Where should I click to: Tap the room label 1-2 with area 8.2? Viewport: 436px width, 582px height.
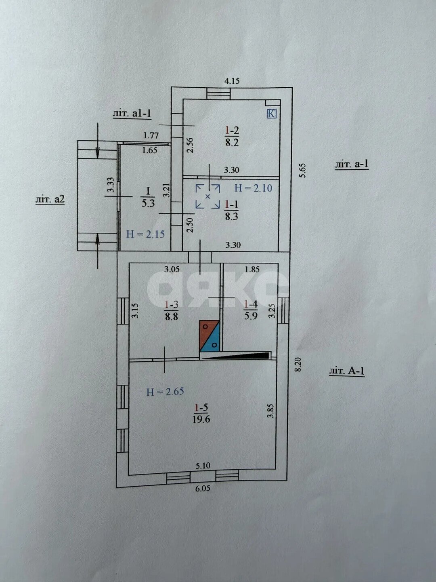[232, 136]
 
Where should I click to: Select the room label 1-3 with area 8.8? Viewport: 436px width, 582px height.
[171, 310]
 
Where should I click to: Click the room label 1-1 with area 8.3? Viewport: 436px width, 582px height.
[232, 210]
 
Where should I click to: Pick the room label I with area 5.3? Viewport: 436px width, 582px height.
[148, 197]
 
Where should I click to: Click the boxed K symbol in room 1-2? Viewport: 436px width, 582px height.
[272, 114]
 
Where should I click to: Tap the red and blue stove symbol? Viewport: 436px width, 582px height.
[210, 336]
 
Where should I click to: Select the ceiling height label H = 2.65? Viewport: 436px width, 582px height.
[165, 391]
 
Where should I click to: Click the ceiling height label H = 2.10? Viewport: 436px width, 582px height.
[254, 188]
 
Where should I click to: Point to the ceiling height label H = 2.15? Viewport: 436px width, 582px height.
[145, 234]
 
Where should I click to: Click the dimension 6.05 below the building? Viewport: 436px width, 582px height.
[203, 488]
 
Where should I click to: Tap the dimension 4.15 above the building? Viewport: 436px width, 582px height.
[232, 81]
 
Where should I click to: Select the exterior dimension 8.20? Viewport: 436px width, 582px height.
[298, 364]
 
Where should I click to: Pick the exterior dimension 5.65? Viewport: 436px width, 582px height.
[303, 170]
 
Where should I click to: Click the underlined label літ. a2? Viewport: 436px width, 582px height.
[50, 199]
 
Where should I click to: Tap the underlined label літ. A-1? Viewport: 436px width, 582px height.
[347, 370]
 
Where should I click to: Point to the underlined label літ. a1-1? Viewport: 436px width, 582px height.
[132, 114]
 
